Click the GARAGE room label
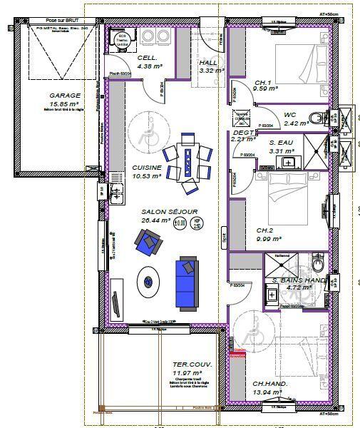click(64, 95)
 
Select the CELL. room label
click(148, 58)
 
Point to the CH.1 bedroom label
click(263, 83)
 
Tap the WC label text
click(289, 114)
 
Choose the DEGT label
click(243, 132)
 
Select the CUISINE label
click(147, 168)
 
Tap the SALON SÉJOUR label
click(169, 212)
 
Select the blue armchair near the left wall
click(148, 244)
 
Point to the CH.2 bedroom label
click(264, 230)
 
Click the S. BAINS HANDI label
click(299, 280)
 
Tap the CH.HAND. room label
click(270, 384)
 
